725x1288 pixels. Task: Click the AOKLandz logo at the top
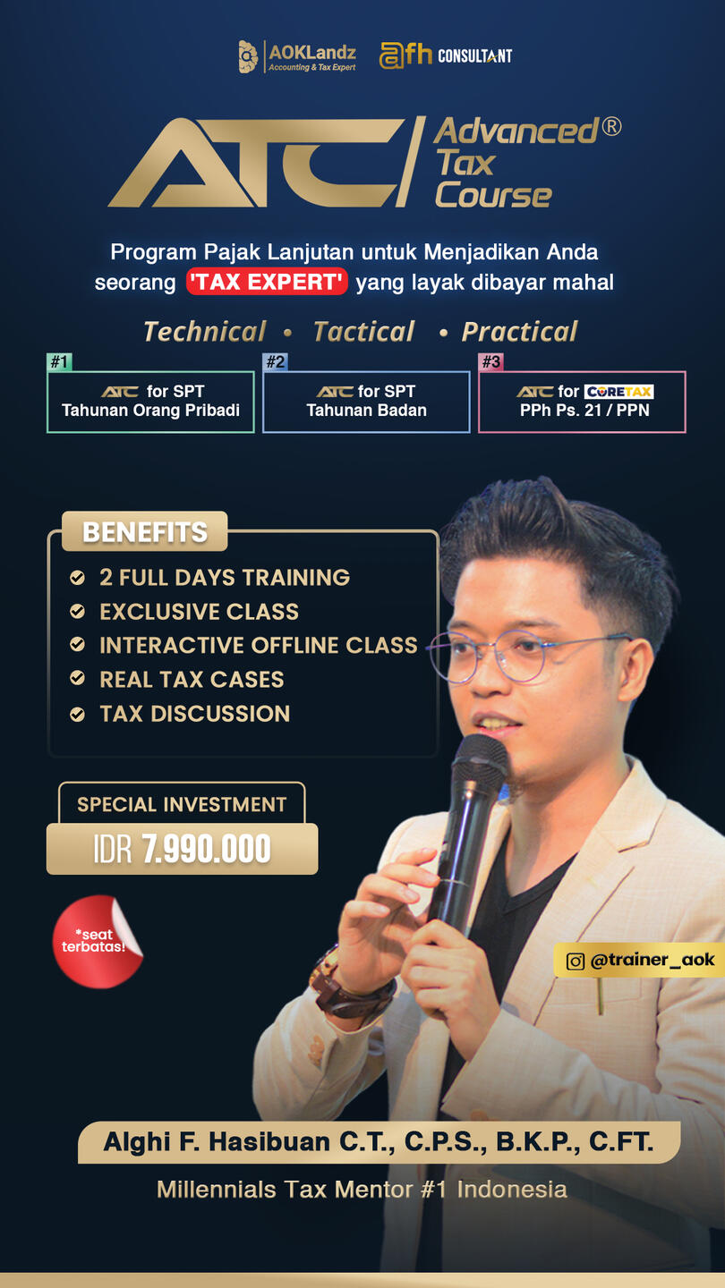pos(297,56)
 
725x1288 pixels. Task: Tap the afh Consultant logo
pos(446,55)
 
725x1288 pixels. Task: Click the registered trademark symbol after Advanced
pos(611,126)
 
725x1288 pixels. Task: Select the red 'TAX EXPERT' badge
pos(267,282)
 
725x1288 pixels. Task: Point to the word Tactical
pos(363,332)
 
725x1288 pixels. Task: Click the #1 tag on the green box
pos(59,361)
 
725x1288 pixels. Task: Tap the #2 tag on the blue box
pos(275,361)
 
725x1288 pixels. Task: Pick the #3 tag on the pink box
pos(490,361)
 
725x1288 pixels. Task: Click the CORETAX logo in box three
pos(619,392)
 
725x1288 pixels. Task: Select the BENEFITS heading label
pos(144,531)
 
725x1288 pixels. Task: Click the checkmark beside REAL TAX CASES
pos(77,679)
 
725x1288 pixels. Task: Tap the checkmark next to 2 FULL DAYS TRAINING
pos(77,577)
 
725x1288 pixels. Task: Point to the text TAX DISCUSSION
pos(195,714)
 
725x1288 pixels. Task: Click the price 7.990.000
pos(206,849)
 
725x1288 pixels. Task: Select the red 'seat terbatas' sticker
pos(98,941)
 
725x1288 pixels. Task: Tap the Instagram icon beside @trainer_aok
pos(576,961)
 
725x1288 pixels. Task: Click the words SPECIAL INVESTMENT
pos(182,804)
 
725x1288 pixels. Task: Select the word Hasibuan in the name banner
pos(269,1141)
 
